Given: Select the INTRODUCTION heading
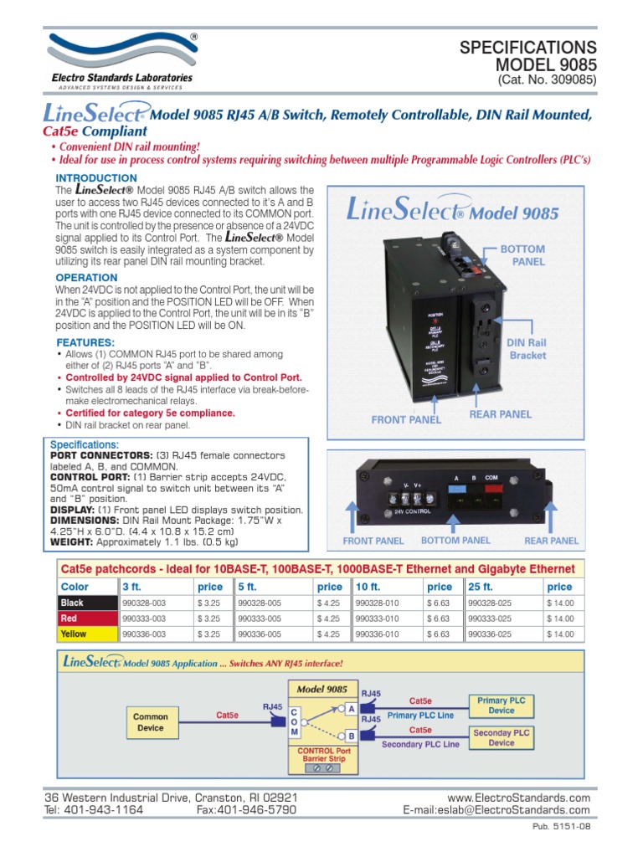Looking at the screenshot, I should tap(96, 178).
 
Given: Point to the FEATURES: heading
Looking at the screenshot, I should tap(85, 343).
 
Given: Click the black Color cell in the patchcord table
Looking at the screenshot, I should tap(86, 603).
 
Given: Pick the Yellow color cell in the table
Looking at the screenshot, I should tap(86, 634).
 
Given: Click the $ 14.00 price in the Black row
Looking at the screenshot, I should tap(560, 603).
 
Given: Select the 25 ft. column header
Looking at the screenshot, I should tap(481, 587).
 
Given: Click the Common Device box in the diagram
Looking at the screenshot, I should tap(151, 722).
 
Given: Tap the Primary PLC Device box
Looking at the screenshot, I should tap(502, 705).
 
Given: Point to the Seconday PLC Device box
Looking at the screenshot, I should tap(502, 737).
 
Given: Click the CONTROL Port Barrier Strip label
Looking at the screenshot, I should tap(322, 755).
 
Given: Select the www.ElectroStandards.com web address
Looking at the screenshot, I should tap(519, 798).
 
